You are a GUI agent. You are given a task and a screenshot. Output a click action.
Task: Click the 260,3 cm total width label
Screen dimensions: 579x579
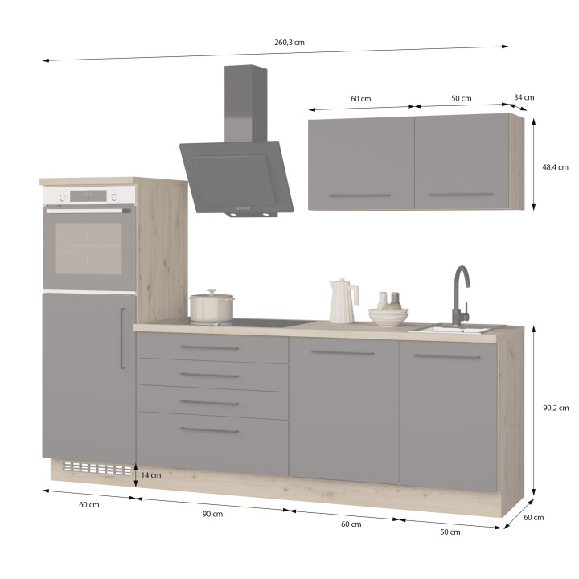[x=289, y=43]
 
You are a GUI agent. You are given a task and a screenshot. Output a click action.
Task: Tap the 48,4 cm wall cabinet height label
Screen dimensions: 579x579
[x=555, y=167]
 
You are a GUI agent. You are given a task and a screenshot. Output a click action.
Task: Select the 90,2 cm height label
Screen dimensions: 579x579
[x=556, y=408]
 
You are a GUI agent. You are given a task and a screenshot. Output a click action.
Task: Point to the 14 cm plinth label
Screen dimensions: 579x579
[x=151, y=475]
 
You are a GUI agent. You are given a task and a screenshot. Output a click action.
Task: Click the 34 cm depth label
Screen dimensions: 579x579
[x=524, y=97]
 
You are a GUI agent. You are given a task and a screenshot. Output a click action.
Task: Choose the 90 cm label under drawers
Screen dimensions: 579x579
[x=212, y=514]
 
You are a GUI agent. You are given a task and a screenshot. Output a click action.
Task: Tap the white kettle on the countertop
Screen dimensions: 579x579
[x=343, y=301]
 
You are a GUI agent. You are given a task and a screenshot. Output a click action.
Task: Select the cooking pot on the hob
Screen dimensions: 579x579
[x=211, y=306]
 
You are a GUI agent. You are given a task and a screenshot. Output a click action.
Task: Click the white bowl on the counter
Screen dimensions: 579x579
[x=388, y=317]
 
